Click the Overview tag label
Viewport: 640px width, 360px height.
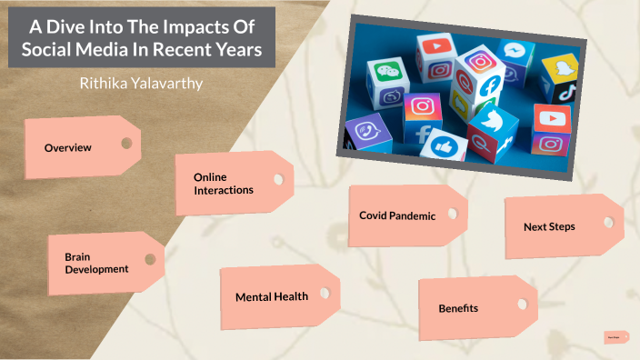[68, 147]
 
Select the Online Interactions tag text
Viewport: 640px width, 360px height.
[223, 183]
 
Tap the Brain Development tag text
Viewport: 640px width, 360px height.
[96, 263]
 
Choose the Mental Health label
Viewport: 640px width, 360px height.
[271, 296]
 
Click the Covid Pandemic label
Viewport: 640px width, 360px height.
[397, 216]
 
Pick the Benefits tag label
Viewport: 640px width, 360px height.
[458, 308]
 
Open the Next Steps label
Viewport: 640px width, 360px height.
[549, 225]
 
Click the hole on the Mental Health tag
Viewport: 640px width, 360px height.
[323, 291]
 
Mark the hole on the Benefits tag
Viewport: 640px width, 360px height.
[521, 304]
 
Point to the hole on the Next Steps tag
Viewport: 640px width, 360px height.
[606, 220]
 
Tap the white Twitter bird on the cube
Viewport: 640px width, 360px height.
[492, 123]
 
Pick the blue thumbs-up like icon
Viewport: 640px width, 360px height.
[444, 145]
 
